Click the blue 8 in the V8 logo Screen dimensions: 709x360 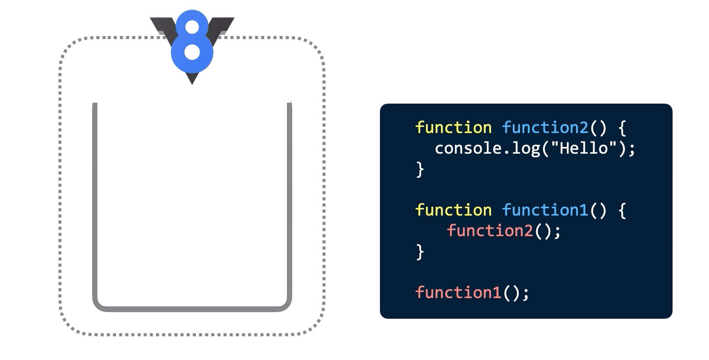[x=192, y=41]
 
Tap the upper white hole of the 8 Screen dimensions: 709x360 [x=192, y=27]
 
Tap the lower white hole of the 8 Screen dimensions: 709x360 [x=192, y=52]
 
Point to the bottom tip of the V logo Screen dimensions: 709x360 [x=192, y=85]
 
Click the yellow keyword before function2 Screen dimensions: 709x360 [x=454, y=128]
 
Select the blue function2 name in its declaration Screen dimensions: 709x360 [x=545, y=128]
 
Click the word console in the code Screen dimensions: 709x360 [x=468, y=148]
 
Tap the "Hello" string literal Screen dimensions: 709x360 [x=584, y=148]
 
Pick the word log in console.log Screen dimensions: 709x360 [x=526, y=149]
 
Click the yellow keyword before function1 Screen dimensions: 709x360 [x=454, y=210]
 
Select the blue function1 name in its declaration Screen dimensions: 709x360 [x=545, y=210]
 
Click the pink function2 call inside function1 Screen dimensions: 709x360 [x=490, y=230]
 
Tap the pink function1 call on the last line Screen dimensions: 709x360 [x=458, y=292]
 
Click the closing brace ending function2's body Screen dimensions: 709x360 [x=420, y=170]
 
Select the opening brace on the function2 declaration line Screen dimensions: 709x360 [x=622, y=128]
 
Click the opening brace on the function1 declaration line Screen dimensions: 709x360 [x=622, y=211]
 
